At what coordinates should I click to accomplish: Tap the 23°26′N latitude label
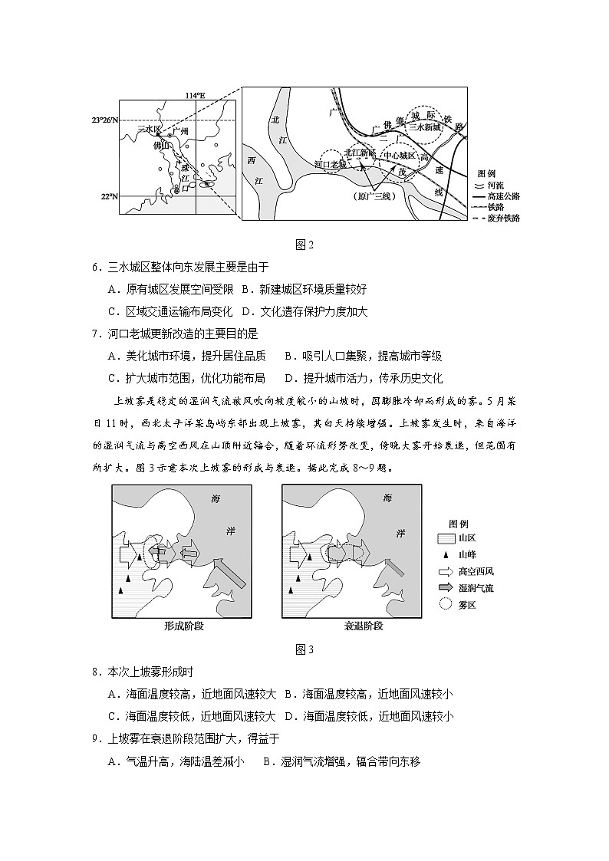(x=105, y=120)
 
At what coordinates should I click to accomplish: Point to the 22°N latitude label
(x=109, y=196)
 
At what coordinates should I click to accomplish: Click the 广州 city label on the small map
(x=182, y=132)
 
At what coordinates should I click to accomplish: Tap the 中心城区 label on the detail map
(x=400, y=154)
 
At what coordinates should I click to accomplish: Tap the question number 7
(x=95, y=334)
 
